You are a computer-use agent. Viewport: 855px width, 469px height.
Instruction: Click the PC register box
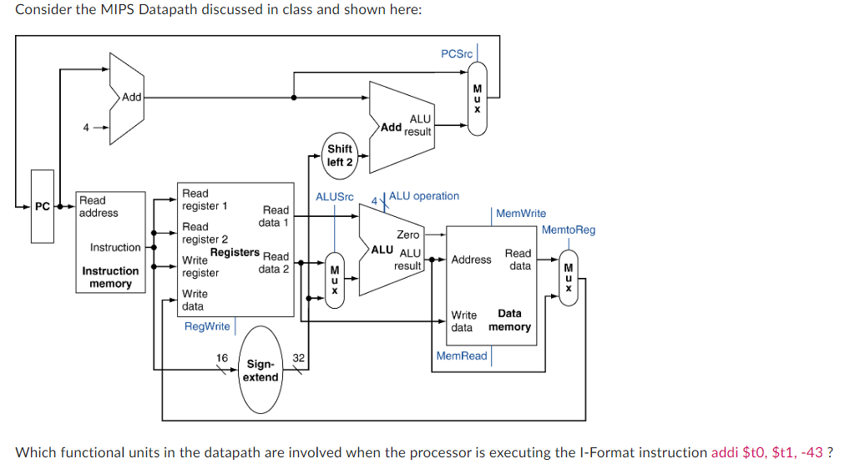[x=42, y=206]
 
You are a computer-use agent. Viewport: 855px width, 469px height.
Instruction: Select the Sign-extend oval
[x=261, y=371]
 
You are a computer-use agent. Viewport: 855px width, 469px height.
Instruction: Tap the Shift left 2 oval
[x=340, y=155]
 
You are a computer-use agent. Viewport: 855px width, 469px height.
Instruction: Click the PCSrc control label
[x=456, y=53]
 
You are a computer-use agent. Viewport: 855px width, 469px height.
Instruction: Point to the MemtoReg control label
[x=569, y=229]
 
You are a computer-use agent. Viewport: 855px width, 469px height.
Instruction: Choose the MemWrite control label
[x=521, y=214]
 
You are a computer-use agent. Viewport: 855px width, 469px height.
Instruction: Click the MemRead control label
[x=462, y=356]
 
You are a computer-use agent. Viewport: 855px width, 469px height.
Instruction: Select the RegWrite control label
[x=207, y=326]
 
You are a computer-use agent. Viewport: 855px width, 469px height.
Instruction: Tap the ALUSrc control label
[x=334, y=197]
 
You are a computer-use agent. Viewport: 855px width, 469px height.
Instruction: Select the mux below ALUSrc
[x=334, y=280]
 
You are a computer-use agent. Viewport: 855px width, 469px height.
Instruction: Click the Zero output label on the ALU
[x=407, y=234]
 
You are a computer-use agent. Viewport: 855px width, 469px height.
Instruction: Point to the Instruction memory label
[x=110, y=277]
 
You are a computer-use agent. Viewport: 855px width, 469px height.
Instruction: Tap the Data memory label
[x=509, y=320]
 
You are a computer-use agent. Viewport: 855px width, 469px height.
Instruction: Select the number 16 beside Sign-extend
[x=222, y=358]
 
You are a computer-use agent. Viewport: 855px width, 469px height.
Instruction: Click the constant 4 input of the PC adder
[x=85, y=127]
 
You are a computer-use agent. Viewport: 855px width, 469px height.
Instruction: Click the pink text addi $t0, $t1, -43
[x=766, y=452]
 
